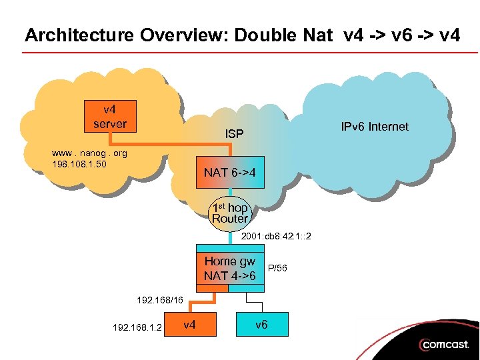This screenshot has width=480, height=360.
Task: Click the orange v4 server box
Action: pyautogui.click(x=110, y=117)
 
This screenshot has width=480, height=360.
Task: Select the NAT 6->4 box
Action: pyautogui.click(x=230, y=173)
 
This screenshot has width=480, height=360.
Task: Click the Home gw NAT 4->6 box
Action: pyautogui.click(x=230, y=268)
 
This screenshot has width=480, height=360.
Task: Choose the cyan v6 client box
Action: pyautogui.click(x=262, y=325)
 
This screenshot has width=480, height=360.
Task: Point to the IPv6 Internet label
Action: pyautogui.click(x=374, y=127)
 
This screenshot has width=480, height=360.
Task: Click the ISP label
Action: pyautogui.click(x=234, y=135)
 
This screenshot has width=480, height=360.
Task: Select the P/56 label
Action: pyautogui.click(x=277, y=268)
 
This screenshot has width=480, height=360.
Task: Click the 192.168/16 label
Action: pyautogui.click(x=159, y=301)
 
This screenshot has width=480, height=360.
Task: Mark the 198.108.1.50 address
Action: pyautogui.click(x=79, y=162)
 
